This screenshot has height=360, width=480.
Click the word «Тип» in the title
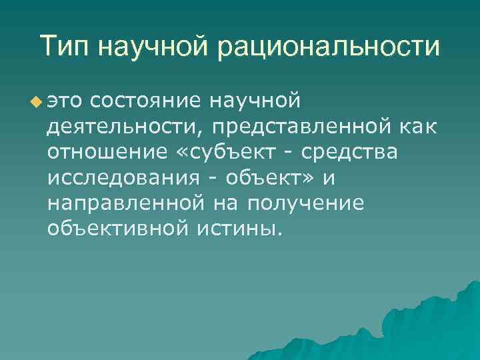pyautogui.click(x=65, y=47)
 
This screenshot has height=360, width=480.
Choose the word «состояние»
pyautogui.click(x=147, y=101)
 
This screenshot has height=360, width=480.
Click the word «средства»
pyautogui.click(x=349, y=152)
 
